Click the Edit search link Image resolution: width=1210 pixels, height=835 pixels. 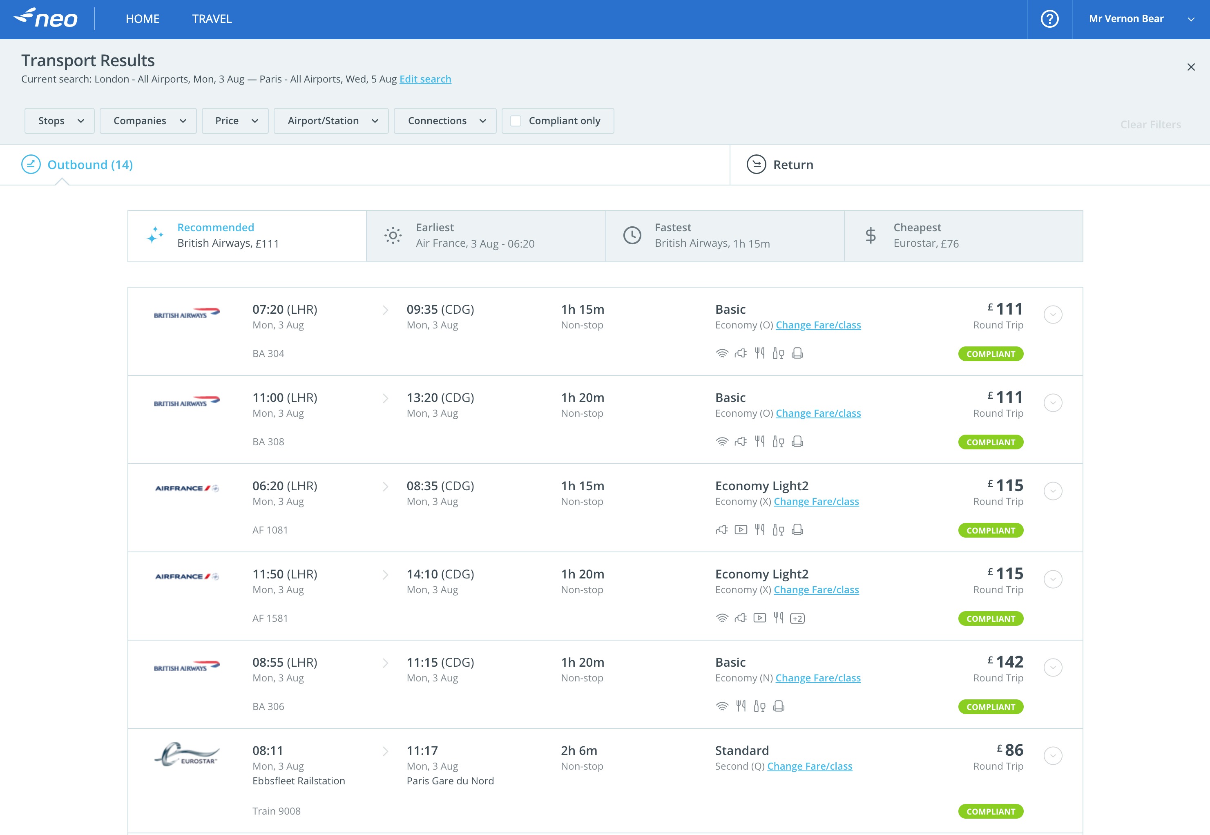[425, 79]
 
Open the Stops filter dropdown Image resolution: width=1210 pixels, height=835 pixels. [59, 121]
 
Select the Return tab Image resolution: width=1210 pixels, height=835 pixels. [793, 165]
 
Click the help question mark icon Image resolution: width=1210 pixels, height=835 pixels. [1049, 19]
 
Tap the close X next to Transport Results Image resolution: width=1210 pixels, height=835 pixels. [1191, 67]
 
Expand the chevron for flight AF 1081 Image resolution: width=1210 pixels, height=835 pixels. [1053, 491]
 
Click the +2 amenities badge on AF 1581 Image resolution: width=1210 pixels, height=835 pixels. [797, 618]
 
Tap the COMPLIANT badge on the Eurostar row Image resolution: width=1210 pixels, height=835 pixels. [990, 811]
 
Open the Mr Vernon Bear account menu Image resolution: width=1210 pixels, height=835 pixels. [1141, 19]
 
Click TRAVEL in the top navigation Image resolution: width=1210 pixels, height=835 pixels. [212, 19]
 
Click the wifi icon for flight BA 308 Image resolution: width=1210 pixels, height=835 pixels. [722, 442]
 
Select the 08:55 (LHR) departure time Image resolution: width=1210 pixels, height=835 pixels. [285, 662]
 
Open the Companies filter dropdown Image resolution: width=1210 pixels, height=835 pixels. [148, 121]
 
